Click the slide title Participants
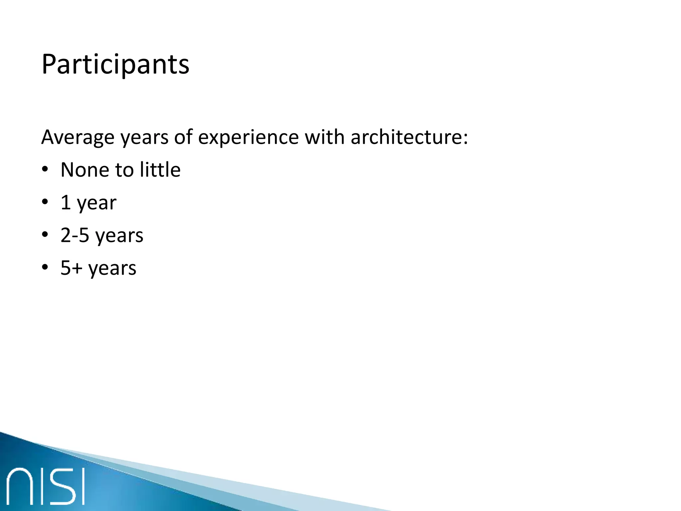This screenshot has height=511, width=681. [x=115, y=65]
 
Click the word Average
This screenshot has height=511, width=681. [x=77, y=137]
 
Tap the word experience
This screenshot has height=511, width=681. [x=248, y=137]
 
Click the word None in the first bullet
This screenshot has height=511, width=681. [x=84, y=170]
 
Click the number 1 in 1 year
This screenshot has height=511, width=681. [x=66, y=202]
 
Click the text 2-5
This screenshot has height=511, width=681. [x=75, y=235]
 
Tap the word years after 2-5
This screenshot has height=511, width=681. [x=119, y=236]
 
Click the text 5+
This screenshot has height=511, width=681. [x=71, y=268]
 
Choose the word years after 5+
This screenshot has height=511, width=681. [x=112, y=269]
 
